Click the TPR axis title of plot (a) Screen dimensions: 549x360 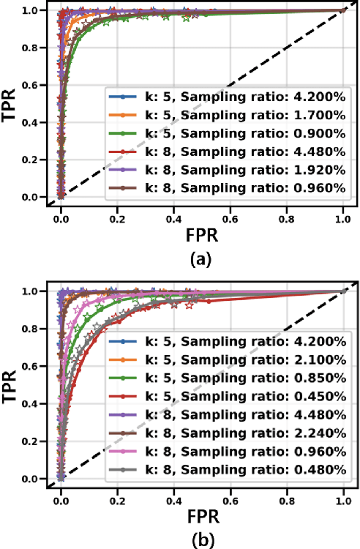point(12,103)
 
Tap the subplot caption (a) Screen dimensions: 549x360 point(201,259)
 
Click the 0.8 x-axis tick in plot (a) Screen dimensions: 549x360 point(287,212)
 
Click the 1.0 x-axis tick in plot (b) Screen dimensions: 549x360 point(343,493)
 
